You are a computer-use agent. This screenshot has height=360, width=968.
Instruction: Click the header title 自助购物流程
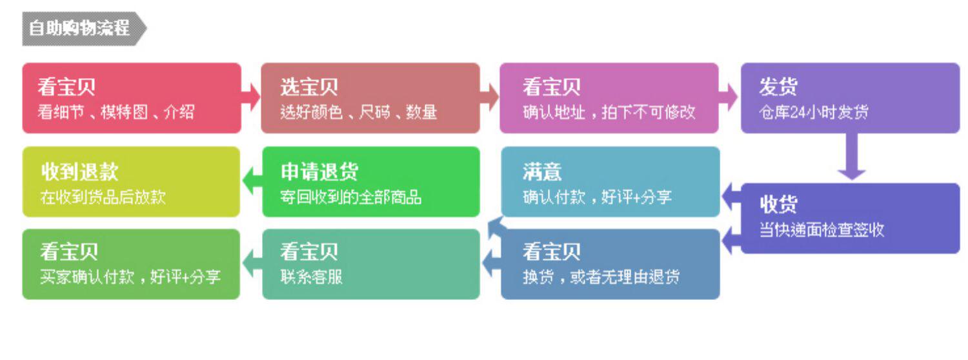[x=79, y=28]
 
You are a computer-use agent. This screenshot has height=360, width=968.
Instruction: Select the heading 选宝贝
[x=308, y=87]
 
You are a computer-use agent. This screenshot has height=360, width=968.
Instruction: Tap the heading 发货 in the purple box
[x=778, y=87]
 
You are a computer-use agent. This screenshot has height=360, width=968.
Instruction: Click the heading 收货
[x=778, y=205]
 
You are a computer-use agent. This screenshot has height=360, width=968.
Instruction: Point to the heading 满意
[x=542, y=172]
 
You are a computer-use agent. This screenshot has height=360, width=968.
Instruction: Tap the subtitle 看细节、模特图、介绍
[x=116, y=112]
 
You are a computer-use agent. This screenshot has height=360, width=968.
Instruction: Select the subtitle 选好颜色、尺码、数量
[x=359, y=112]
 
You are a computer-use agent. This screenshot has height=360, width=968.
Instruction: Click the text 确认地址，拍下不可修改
[x=609, y=112]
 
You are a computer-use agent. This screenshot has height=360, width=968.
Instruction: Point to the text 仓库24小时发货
[x=814, y=112]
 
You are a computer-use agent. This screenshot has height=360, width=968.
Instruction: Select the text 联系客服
[x=311, y=277]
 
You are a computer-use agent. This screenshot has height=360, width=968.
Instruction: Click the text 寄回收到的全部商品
[x=351, y=197]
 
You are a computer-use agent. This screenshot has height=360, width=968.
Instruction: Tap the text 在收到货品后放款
[x=103, y=197]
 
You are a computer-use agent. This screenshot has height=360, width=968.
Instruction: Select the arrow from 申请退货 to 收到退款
[x=251, y=181]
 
